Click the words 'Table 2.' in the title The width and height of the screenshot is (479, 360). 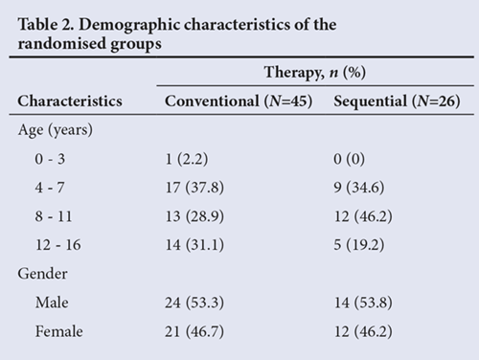click(46, 24)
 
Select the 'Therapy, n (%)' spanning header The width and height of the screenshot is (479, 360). click(315, 72)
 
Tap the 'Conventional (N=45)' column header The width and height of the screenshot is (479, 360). click(239, 101)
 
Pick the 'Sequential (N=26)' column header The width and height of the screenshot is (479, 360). click(397, 101)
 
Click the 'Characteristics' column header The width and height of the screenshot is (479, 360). click(70, 101)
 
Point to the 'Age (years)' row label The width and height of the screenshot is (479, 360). click(56, 130)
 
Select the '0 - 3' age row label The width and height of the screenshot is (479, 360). click(50, 159)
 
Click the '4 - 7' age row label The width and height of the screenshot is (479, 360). click(50, 188)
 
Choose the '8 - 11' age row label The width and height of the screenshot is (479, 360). click(54, 216)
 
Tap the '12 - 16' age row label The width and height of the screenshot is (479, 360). click(58, 245)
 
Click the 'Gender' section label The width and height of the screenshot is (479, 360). click(42, 274)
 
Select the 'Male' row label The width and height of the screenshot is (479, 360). click(52, 303)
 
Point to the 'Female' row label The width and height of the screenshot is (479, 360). click(59, 331)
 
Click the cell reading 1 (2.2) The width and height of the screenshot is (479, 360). click(187, 159)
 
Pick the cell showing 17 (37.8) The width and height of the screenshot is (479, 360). click(194, 188)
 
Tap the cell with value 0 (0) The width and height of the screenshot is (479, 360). click(349, 159)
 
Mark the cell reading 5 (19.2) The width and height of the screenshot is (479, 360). click(359, 245)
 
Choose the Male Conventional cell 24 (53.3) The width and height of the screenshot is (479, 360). click(194, 303)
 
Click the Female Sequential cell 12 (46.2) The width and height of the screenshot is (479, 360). click(363, 331)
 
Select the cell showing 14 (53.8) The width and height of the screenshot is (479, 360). click(363, 303)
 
